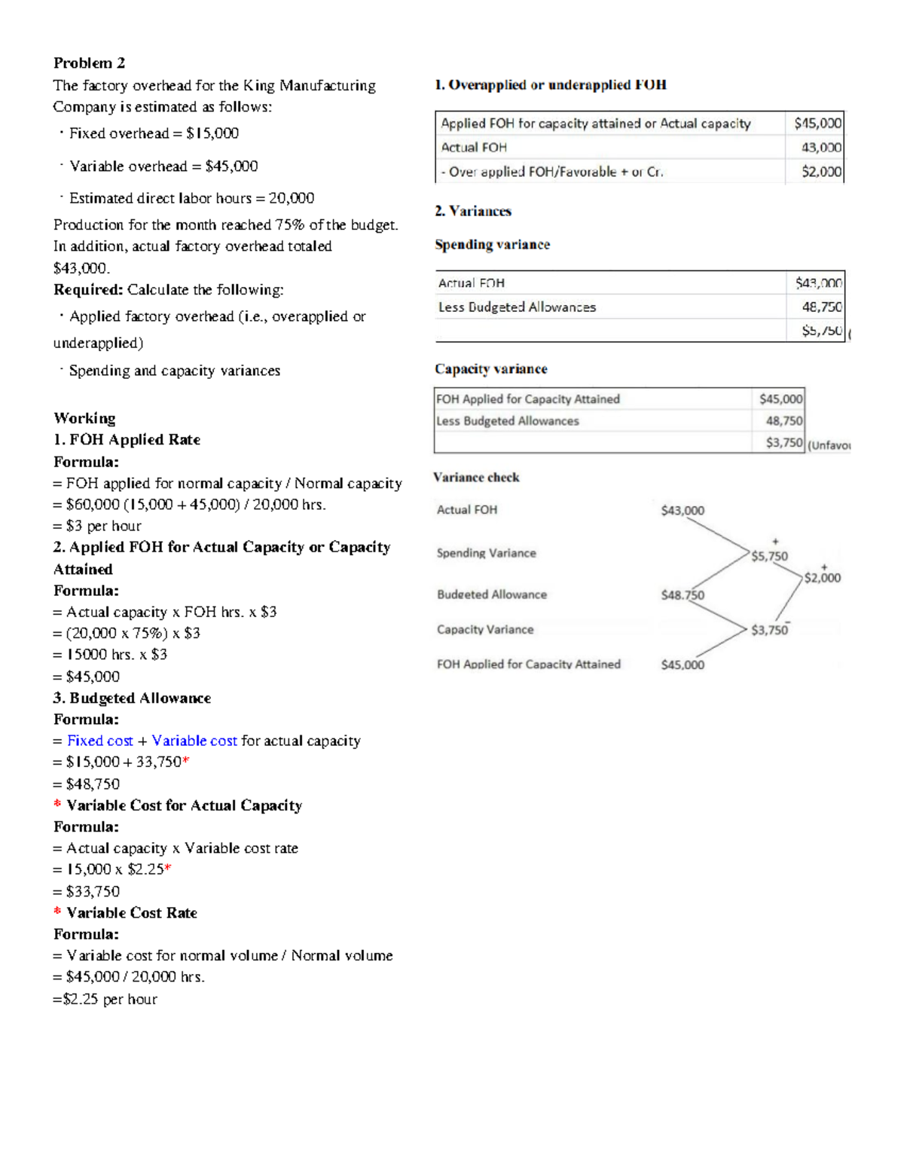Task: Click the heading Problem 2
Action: [89, 63]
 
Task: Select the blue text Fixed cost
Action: [99, 741]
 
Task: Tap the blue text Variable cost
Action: [194, 741]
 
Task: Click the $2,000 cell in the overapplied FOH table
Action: [821, 172]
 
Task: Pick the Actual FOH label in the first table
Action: [474, 148]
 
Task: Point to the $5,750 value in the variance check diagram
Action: [769, 557]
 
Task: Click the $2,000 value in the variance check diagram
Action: [822, 578]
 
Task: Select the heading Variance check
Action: [476, 477]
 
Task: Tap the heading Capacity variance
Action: [490, 368]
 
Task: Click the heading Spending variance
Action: [492, 244]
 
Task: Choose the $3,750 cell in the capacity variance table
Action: [783, 442]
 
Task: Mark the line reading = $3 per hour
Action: [97, 526]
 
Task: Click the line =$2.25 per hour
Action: [105, 999]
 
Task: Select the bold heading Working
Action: [84, 418]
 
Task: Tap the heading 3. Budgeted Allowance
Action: [132, 698]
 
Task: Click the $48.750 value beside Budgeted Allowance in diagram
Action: [683, 595]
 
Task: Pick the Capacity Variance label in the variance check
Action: [485, 630]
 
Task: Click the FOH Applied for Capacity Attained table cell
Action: [527, 399]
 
